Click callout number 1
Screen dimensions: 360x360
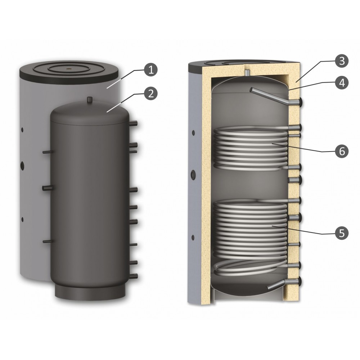click(151, 70)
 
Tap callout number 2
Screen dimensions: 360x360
click(150, 93)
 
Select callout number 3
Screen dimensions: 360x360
click(342, 61)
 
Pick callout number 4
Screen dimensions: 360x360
click(342, 83)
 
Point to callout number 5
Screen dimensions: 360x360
click(342, 233)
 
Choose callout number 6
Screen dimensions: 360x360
click(342, 151)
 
